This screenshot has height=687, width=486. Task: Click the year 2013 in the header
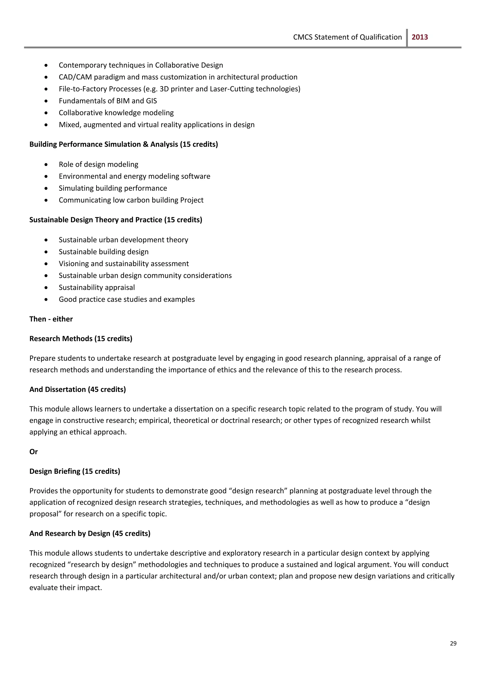(x=420, y=37)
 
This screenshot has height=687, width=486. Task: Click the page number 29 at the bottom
(x=453, y=643)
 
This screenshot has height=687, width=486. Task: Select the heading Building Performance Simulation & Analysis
(x=124, y=144)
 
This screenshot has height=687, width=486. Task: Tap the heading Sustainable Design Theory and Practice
(x=116, y=220)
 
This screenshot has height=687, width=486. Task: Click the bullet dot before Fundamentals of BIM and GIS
(x=46, y=101)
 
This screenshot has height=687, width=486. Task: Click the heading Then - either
(x=51, y=319)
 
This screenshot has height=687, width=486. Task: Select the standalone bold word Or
(x=33, y=452)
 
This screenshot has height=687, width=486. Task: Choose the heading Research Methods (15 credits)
(x=81, y=339)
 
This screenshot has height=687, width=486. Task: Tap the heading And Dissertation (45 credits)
(x=78, y=390)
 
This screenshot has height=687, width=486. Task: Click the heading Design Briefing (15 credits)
(x=75, y=471)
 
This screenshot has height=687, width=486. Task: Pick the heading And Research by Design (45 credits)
(x=90, y=533)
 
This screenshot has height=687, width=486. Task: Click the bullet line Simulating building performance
(x=113, y=188)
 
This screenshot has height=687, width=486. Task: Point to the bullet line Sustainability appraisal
(x=97, y=287)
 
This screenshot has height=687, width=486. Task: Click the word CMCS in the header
(x=303, y=37)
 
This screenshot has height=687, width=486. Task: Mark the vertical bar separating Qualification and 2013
(x=407, y=38)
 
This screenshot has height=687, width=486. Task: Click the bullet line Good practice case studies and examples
(x=126, y=299)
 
